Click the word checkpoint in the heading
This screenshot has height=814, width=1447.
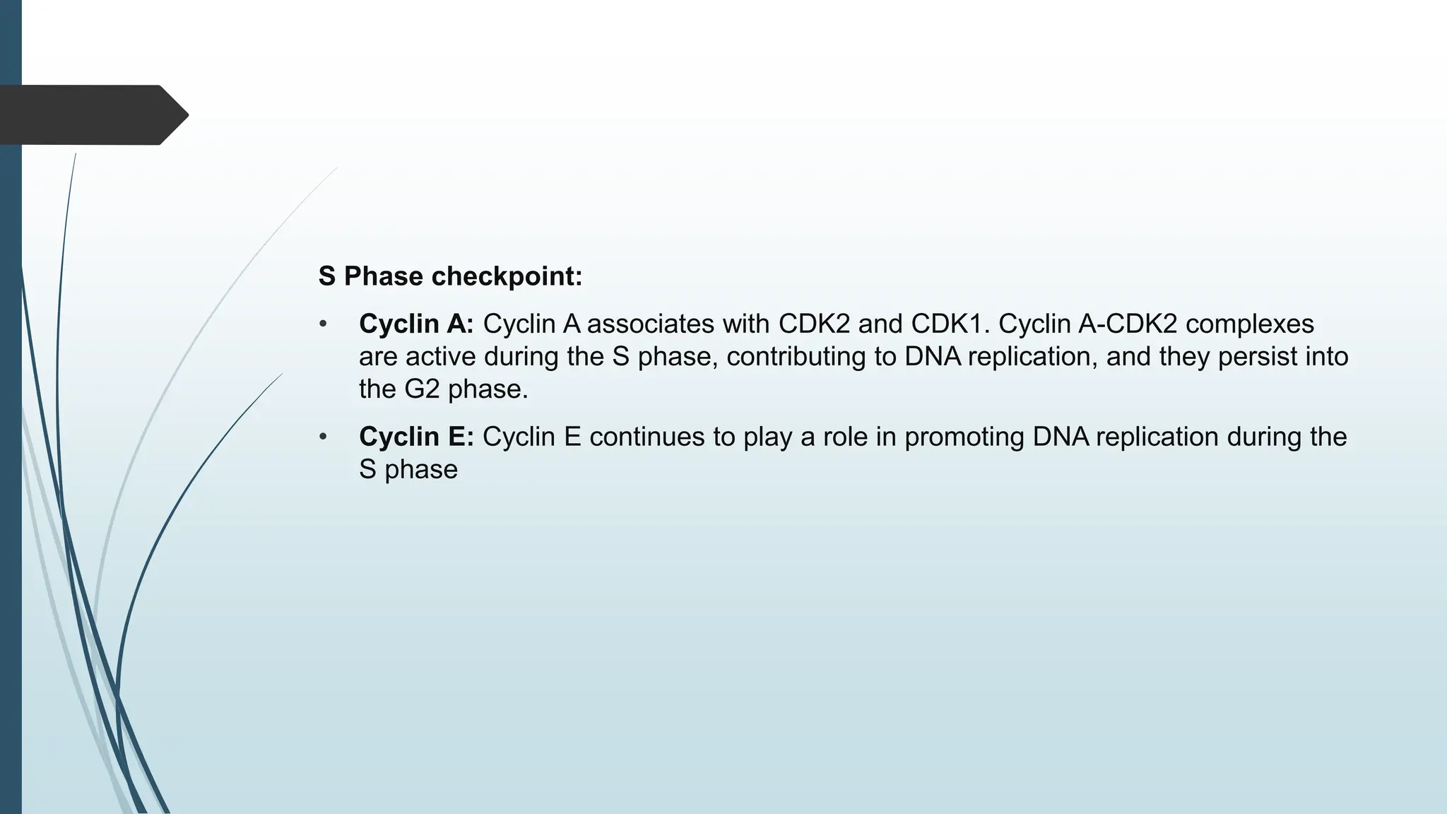pos(507,276)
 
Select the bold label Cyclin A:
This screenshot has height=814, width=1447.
pos(416,324)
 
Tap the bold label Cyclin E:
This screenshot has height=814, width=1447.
pos(416,437)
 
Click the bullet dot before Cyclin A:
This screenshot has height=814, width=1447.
pos(323,324)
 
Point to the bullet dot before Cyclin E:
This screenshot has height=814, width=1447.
pos(323,437)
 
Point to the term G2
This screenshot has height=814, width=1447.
pos(422,389)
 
